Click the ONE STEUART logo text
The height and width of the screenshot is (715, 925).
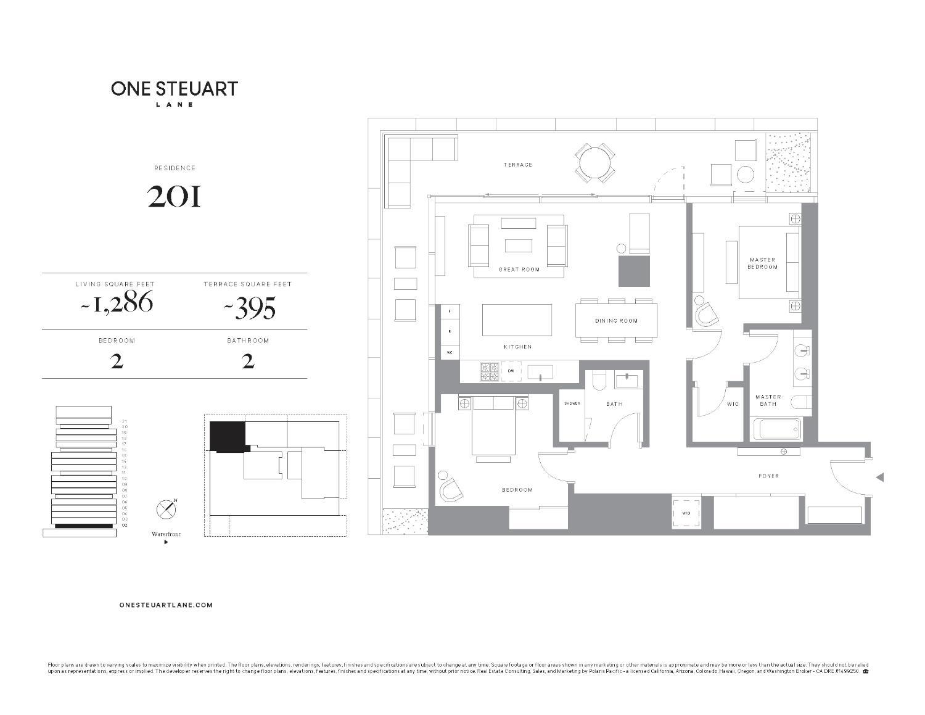tap(175, 89)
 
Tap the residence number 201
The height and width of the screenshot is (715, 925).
tap(175, 196)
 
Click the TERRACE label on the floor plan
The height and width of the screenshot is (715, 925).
tap(517, 165)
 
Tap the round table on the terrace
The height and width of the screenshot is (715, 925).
tap(595, 162)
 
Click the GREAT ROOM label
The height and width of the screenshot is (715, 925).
tap(519, 270)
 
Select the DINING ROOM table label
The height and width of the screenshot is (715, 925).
tap(616, 321)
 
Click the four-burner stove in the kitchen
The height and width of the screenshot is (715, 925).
tap(490, 371)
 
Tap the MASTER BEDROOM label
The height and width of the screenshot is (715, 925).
tap(762, 263)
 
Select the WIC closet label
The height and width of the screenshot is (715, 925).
tap(733, 405)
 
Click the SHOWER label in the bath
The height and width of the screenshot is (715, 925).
tap(572, 403)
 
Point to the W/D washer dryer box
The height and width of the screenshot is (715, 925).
tap(686, 513)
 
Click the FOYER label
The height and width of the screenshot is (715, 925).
tap(768, 476)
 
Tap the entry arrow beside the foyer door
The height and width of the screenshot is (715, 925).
tap(880, 477)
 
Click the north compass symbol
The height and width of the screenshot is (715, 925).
tap(166, 510)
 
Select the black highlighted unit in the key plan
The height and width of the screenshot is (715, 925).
tap(227, 436)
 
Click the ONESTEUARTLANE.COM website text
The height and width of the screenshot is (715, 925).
tap(166, 605)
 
